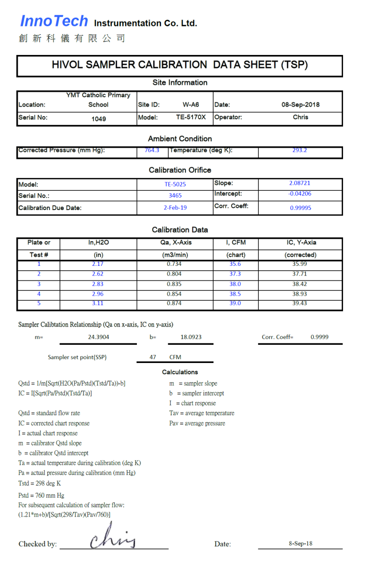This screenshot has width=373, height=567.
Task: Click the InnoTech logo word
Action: tap(54, 21)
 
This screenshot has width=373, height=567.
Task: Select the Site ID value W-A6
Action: tap(190, 104)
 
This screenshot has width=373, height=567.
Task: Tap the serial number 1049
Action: tap(99, 119)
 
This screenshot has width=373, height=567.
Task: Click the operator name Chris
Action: tap(300, 117)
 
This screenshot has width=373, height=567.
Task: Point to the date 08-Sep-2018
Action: tap(300, 104)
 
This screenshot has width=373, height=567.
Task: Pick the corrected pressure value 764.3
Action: tap(152, 150)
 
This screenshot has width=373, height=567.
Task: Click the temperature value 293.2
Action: tap(299, 150)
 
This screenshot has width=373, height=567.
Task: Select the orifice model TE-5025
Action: tap(175, 184)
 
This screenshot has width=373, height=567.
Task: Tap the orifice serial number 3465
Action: tap(175, 195)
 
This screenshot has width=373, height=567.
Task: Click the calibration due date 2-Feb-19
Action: tap(175, 207)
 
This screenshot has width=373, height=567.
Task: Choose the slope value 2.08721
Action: tap(300, 183)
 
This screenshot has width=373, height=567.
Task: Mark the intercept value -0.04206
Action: tap(300, 194)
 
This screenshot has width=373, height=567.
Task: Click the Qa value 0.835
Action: tap(174, 284)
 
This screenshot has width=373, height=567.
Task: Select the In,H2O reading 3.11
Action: tap(98, 303)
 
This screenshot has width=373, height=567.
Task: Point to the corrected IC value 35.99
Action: tap(299, 264)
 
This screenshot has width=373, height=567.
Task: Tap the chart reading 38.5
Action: tap(235, 294)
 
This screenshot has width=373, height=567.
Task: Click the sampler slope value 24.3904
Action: tap(98, 337)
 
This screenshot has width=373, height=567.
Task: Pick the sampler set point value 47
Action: tap(153, 357)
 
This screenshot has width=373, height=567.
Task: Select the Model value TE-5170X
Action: tap(191, 117)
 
